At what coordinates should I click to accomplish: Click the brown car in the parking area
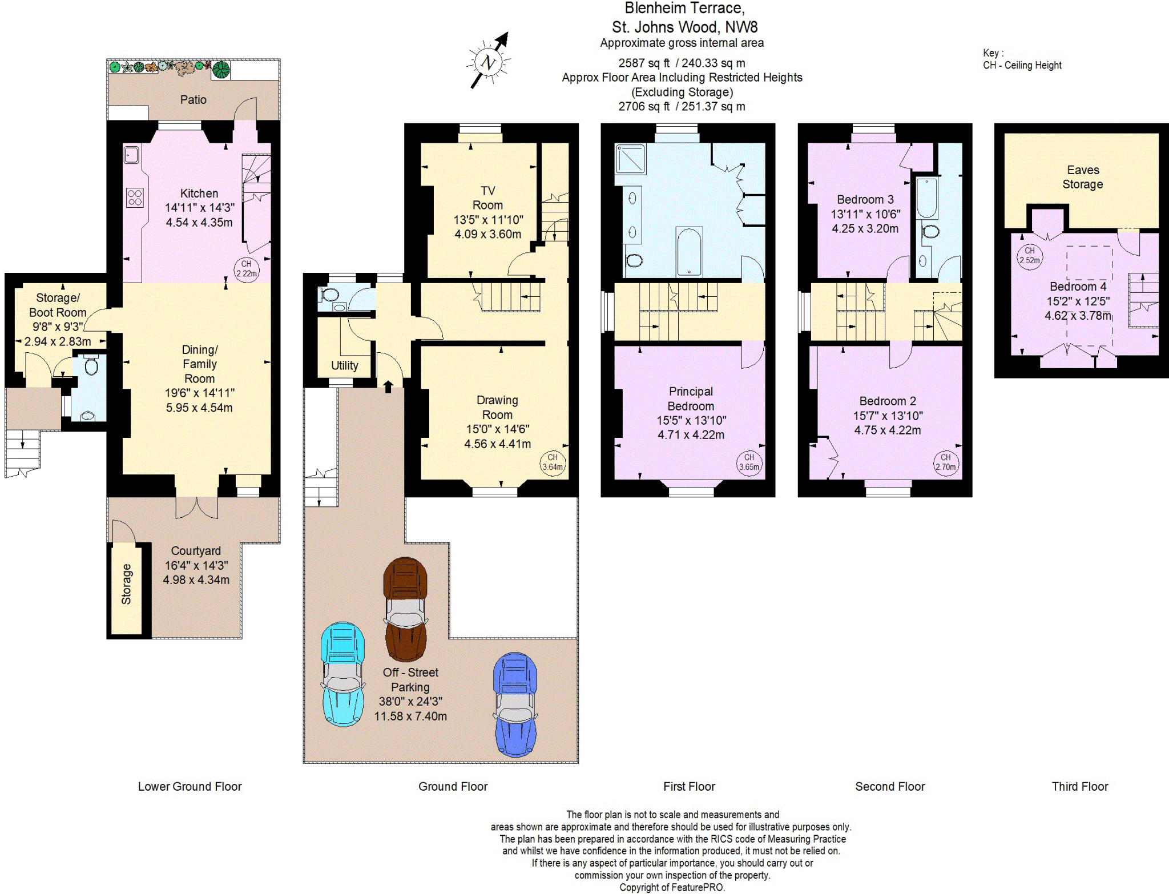click(x=405, y=609)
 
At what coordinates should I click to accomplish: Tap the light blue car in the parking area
click(x=342, y=674)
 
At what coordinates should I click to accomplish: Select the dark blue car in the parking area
click(x=515, y=704)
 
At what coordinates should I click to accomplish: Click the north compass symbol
click(x=488, y=61)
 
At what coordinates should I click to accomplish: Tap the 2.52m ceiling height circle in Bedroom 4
click(x=1030, y=256)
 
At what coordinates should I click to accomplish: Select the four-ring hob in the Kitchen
click(x=135, y=198)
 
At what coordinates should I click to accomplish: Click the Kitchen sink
click(x=131, y=155)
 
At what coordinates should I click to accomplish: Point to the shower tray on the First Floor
click(x=630, y=159)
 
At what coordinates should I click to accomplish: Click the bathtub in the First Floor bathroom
click(x=689, y=252)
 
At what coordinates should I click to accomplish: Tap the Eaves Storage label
click(x=1083, y=177)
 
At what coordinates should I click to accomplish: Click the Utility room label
click(x=345, y=365)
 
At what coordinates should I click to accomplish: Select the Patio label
click(x=194, y=100)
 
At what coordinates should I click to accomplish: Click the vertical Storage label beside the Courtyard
click(x=126, y=584)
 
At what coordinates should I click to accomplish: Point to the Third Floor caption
click(x=1080, y=786)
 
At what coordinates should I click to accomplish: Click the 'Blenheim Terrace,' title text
click(x=684, y=9)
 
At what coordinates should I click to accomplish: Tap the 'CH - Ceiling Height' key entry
click(x=1022, y=65)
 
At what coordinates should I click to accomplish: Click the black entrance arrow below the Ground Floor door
click(x=388, y=386)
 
